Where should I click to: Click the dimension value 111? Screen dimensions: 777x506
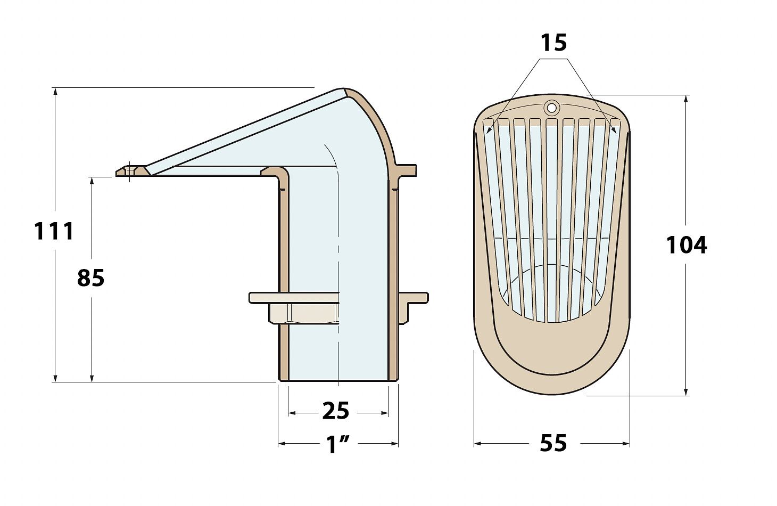click(x=54, y=231)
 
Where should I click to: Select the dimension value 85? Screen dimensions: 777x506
click(x=90, y=278)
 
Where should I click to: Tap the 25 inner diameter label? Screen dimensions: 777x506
click(x=336, y=411)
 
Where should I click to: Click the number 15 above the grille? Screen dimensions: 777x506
click(x=553, y=43)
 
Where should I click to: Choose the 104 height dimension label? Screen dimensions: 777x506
click(x=687, y=245)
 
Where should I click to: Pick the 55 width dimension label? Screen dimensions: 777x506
click(x=553, y=443)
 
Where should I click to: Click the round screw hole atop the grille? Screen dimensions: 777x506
click(x=551, y=107)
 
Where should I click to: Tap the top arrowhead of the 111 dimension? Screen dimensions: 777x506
click(x=55, y=92)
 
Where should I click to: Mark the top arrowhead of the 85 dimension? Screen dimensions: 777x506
click(x=92, y=181)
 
